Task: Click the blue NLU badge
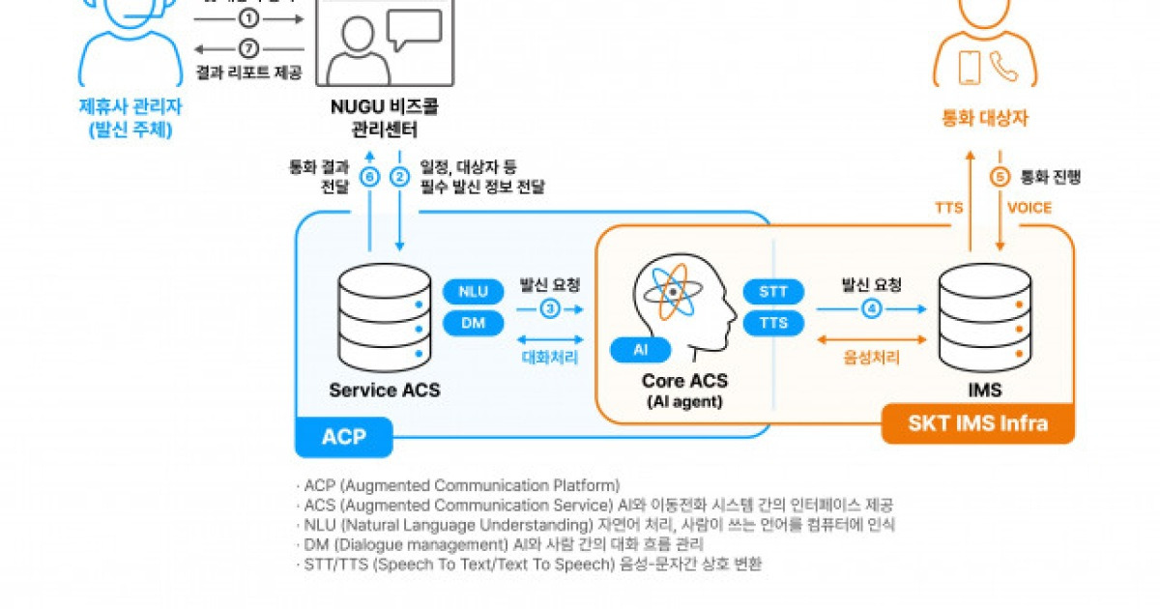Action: coord(473,291)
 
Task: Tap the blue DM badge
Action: coord(473,324)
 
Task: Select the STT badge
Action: coord(773,291)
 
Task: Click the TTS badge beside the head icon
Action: coord(773,324)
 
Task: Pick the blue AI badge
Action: coord(640,350)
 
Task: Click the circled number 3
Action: coord(549,308)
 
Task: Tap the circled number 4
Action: coord(871,308)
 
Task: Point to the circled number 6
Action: coord(369,177)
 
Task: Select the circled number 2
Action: coord(399,177)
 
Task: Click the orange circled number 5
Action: coord(1000,177)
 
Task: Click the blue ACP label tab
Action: coord(343,437)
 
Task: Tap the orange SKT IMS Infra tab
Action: coord(977,424)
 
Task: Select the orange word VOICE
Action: coord(1029,207)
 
